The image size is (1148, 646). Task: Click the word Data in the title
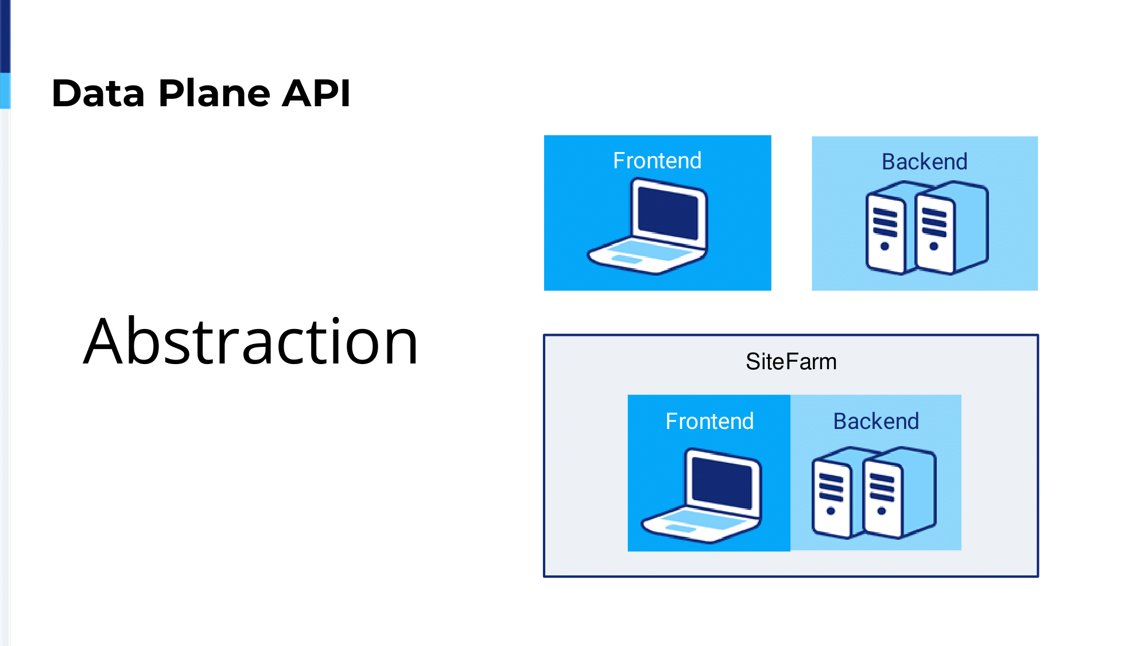pyautogui.click(x=98, y=93)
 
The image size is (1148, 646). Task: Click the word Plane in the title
pyautogui.click(x=214, y=93)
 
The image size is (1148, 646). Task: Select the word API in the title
pyautogui.click(x=316, y=93)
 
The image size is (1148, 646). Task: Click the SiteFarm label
pyautogui.click(x=791, y=362)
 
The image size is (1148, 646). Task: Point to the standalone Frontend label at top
pyautogui.click(x=657, y=161)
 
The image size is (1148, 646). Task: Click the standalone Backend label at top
pyautogui.click(x=925, y=162)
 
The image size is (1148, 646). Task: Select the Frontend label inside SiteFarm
pyautogui.click(x=709, y=421)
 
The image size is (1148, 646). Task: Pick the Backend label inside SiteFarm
pyautogui.click(x=876, y=421)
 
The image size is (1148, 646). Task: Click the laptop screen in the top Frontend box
pyautogui.click(x=669, y=214)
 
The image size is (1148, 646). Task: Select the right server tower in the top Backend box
pyautogui.click(x=952, y=227)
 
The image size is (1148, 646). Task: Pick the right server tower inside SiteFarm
pyautogui.click(x=899, y=493)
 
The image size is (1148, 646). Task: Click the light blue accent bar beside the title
pyautogui.click(x=5, y=90)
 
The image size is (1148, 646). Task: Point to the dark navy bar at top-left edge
pyautogui.click(x=5, y=36)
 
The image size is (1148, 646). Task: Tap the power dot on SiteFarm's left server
pyautogui.click(x=831, y=511)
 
